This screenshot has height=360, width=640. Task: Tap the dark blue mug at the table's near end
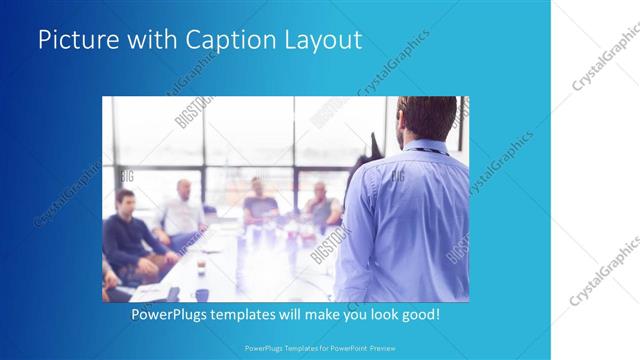(201, 295)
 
